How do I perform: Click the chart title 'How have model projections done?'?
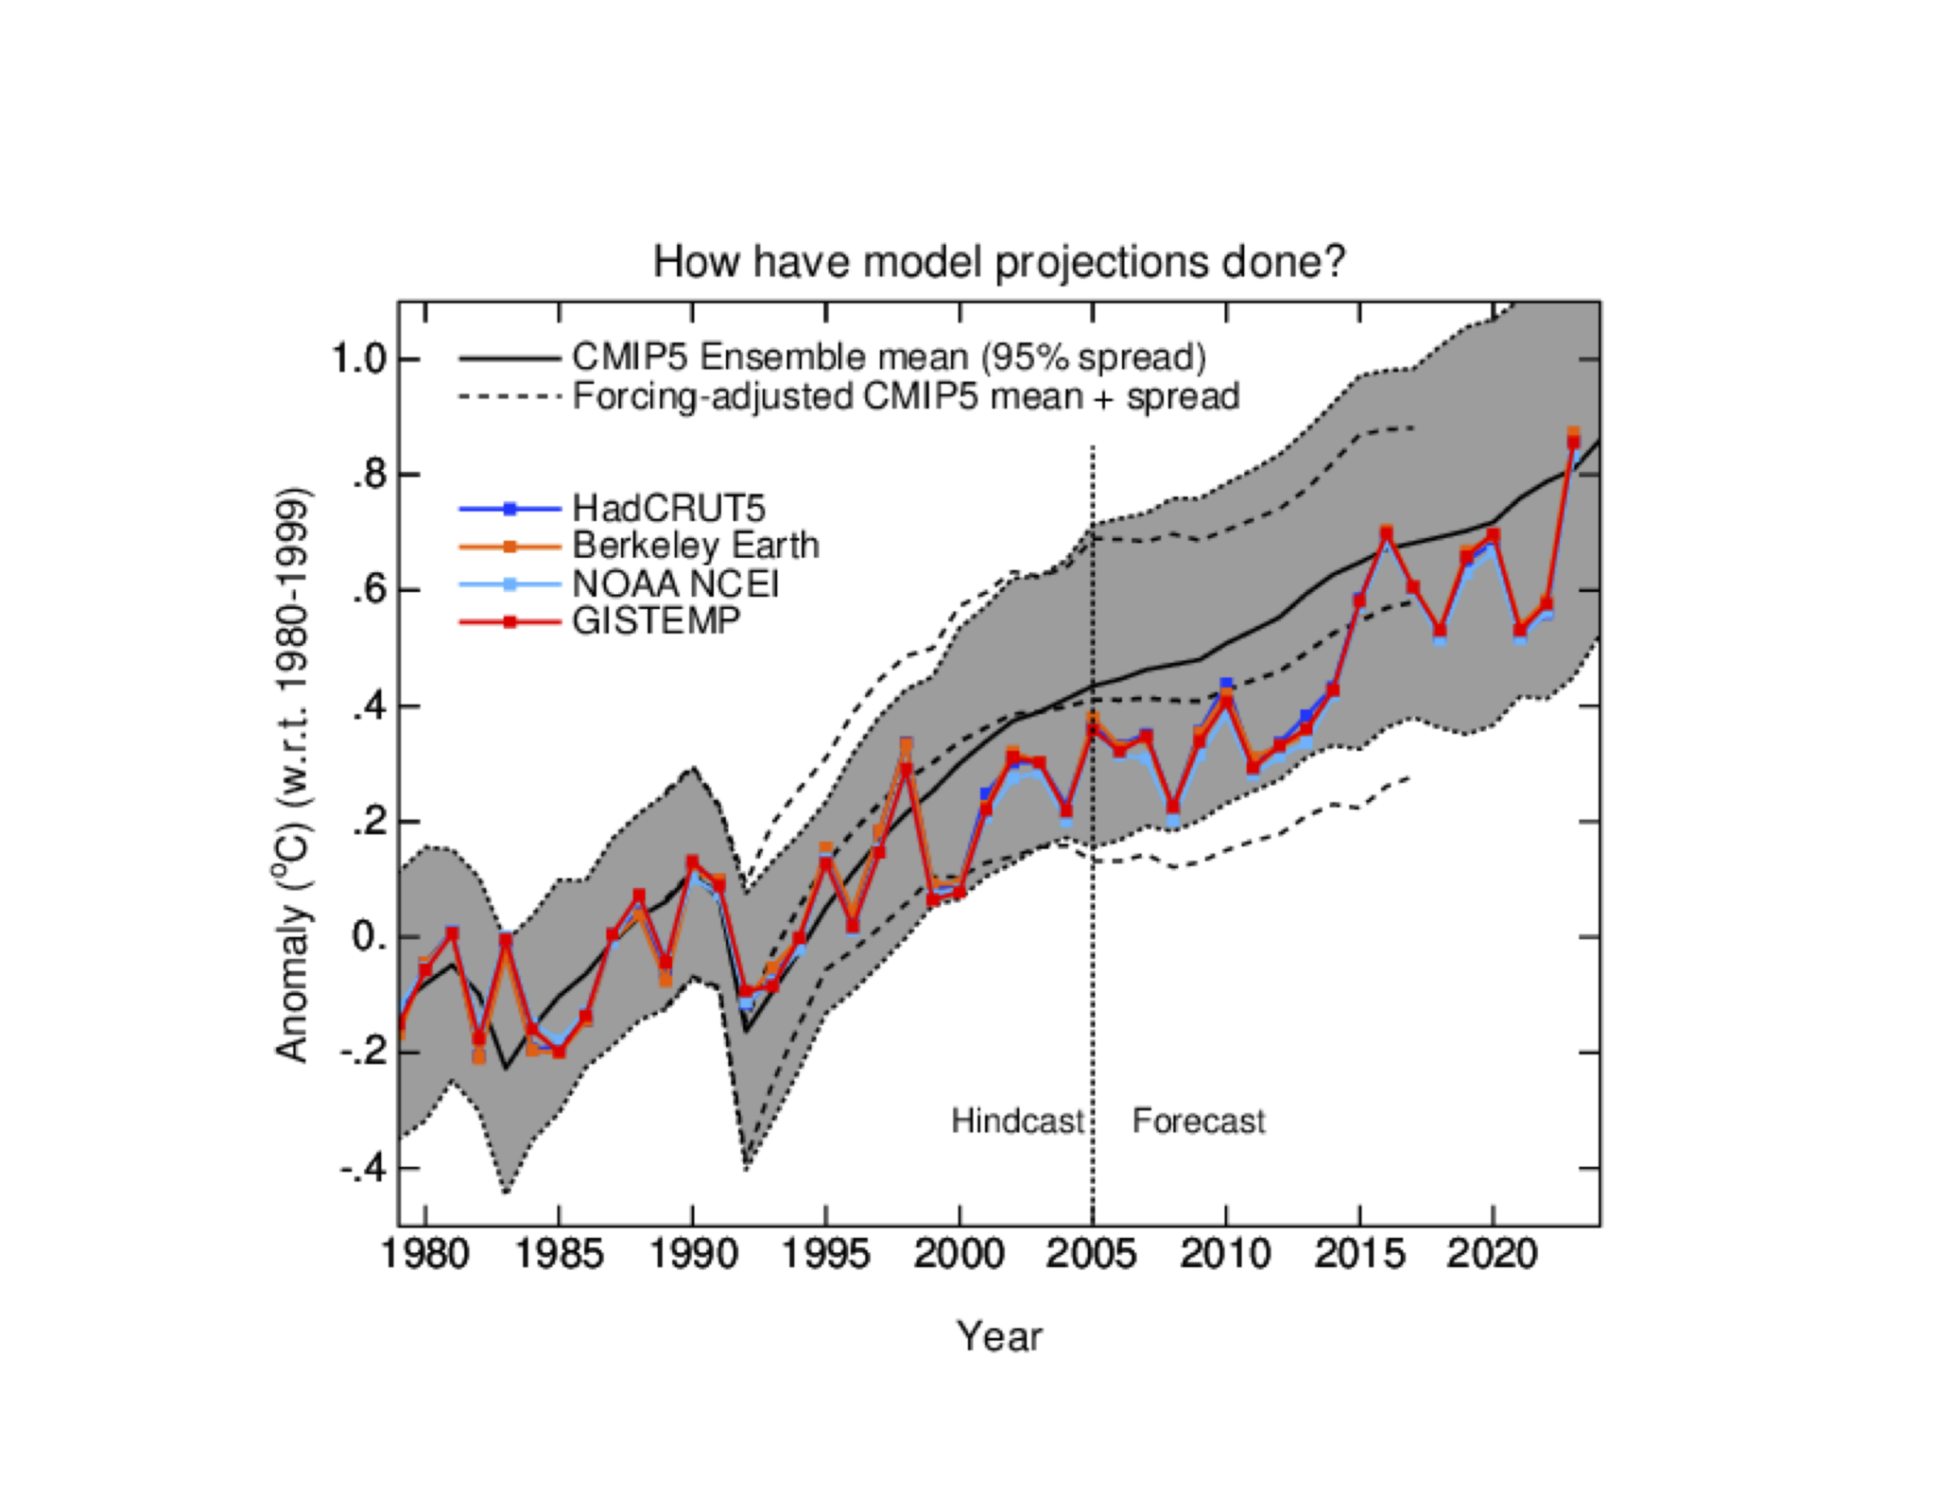[998, 262]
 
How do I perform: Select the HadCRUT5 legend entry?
[667, 509]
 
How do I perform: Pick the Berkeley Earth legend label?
[695, 546]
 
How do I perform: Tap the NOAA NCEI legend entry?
[675, 583]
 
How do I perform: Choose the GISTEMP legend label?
[656, 620]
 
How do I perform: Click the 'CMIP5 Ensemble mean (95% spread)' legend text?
[889, 357]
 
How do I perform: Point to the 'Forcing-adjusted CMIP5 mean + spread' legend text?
[906, 396]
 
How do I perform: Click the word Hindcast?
[1017, 1121]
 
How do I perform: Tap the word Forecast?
[1198, 1121]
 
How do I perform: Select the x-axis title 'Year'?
[998, 1337]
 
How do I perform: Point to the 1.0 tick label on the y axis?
[358, 359]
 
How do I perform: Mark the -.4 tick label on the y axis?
[363, 1169]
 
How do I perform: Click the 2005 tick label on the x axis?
[1092, 1255]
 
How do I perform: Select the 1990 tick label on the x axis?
[692, 1255]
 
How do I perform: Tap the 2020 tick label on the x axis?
[1492, 1255]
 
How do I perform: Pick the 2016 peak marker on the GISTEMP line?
[1387, 534]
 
